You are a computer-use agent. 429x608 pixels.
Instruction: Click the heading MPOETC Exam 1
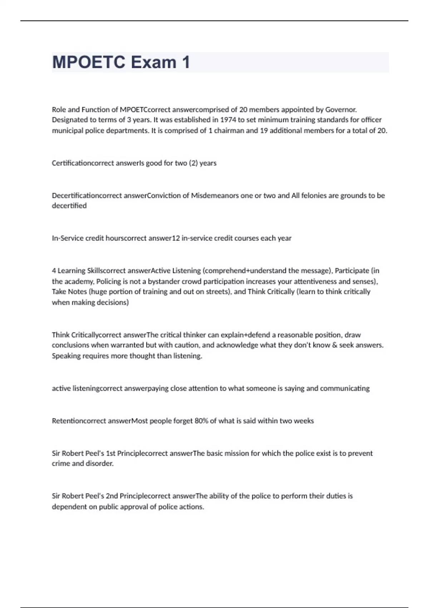pyautogui.click(x=121, y=62)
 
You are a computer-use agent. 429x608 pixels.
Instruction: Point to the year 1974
pyautogui.click(x=228, y=120)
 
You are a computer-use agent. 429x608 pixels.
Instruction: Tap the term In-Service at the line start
pyautogui.click(x=68, y=238)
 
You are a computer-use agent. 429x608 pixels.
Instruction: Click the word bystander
pyautogui.click(x=165, y=281)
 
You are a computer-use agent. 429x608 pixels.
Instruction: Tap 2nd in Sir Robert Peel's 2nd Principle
pyautogui.click(x=112, y=496)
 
